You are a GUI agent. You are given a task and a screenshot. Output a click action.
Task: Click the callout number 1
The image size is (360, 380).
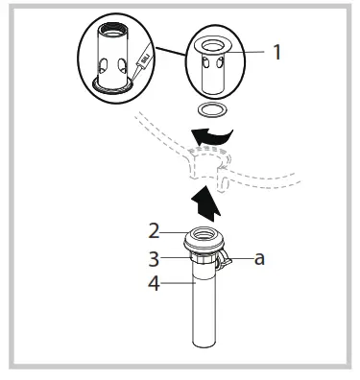(277, 53)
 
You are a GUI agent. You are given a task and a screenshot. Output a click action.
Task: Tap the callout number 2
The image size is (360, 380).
(153, 231)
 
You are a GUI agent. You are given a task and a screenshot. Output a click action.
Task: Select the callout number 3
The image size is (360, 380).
(153, 256)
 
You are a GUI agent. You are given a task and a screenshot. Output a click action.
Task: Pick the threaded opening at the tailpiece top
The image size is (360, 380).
(206, 233)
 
